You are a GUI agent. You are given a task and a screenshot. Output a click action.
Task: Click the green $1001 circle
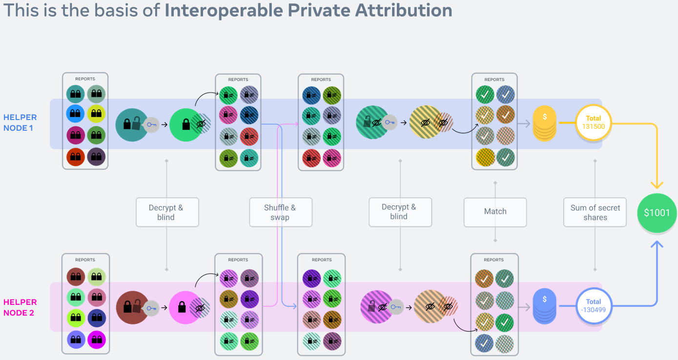pos(657,213)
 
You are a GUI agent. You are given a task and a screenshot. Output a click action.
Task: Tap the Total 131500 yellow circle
pos(594,122)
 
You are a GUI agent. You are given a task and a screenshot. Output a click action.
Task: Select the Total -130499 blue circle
pos(594,306)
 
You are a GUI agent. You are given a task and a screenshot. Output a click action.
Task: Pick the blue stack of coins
pos(544,306)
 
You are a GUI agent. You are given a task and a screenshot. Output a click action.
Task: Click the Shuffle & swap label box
pos(280,212)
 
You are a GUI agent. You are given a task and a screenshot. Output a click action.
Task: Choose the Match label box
pos(495,212)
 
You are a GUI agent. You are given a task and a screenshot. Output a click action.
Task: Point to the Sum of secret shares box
pos(595,212)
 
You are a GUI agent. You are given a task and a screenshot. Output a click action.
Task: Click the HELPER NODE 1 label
pos(20,122)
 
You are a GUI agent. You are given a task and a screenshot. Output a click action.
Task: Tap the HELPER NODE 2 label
pos(20,307)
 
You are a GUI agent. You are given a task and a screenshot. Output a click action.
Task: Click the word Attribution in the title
pos(397,10)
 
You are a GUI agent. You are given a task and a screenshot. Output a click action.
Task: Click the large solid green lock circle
pos(186,124)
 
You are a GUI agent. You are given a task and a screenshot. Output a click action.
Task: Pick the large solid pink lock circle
pos(185,307)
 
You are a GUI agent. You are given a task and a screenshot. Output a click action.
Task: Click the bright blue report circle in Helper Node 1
pos(75,113)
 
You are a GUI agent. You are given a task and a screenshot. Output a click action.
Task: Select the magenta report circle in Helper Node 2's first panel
pos(97,340)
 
